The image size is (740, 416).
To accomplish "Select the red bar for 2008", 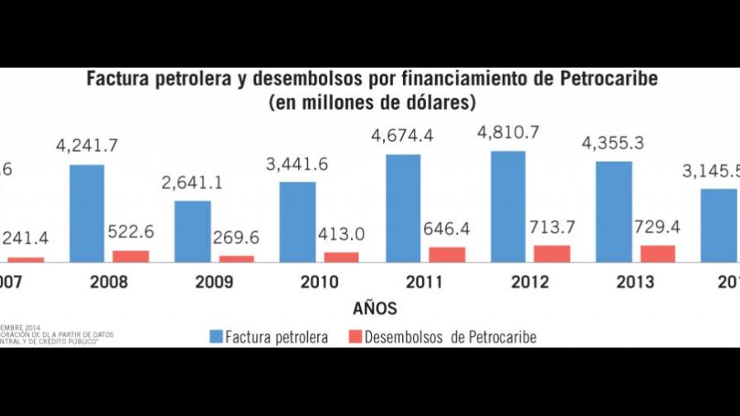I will (x=130, y=256).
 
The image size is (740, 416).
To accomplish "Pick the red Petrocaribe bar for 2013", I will (x=657, y=253).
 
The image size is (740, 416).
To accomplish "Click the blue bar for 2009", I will (x=192, y=232).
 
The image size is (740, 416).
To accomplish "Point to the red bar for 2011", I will (x=447, y=254).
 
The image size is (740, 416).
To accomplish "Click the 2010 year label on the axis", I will (x=319, y=282).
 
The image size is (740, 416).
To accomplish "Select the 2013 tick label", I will (x=636, y=282).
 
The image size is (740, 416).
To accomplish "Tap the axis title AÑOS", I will (x=374, y=310).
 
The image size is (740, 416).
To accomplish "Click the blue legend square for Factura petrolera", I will (x=217, y=336).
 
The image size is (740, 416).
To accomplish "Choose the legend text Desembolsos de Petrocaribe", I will (x=450, y=337).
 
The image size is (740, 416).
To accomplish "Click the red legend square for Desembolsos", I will (x=353, y=336).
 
